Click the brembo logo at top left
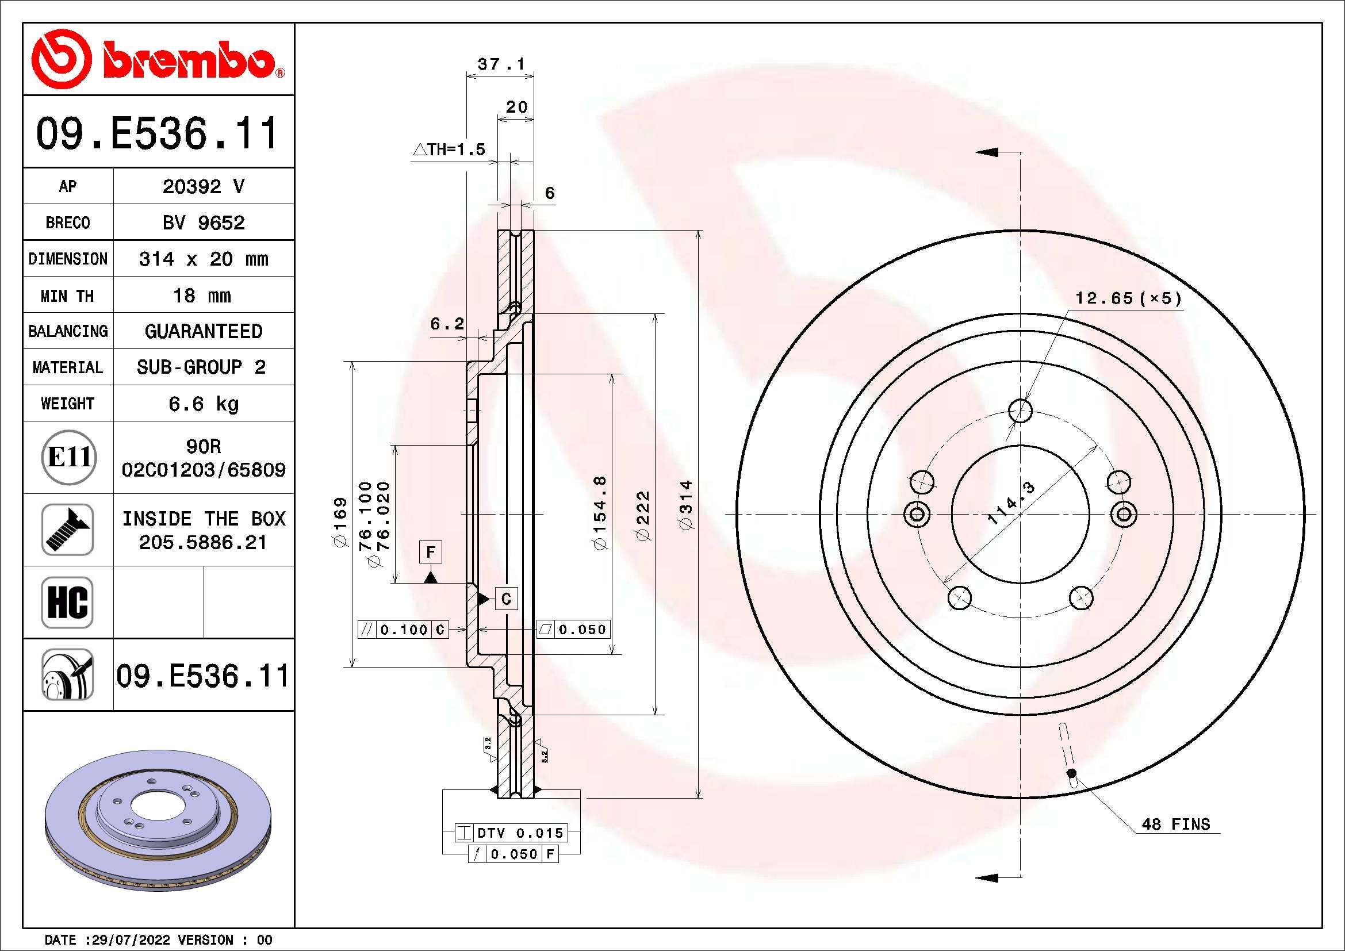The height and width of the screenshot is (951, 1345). pyautogui.click(x=157, y=60)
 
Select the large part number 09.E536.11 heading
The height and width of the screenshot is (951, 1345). pyautogui.click(x=157, y=133)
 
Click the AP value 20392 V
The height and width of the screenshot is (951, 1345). pyautogui.click(x=203, y=187)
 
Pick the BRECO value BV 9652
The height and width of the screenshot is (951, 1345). pyautogui.click(x=203, y=223)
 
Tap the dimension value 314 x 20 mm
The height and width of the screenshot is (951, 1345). pyautogui.click(x=203, y=259)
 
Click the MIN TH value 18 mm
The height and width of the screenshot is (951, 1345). pyautogui.click(x=201, y=296)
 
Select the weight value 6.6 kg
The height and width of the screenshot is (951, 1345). pyautogui.click(x=203, y=404)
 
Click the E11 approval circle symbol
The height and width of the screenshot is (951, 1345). pyautogui.click(x=68, y=457)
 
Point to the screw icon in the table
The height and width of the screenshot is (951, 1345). pyautogui.click(x=68, y=530)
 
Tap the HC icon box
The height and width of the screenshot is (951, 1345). pyautogui.click(x=68, y=602)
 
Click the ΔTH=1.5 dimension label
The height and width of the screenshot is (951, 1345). pyautogui.click(x=449, y=150)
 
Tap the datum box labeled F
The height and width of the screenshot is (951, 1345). pyautogui.click(x=431, y=551)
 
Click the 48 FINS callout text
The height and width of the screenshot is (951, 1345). pyautogui.click(x=1175, y=825)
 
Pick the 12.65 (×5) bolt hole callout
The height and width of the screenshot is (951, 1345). pyautogui.click(x=1128, y=298)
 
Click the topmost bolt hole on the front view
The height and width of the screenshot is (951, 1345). pyautogui.click(x=1021, y=411)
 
